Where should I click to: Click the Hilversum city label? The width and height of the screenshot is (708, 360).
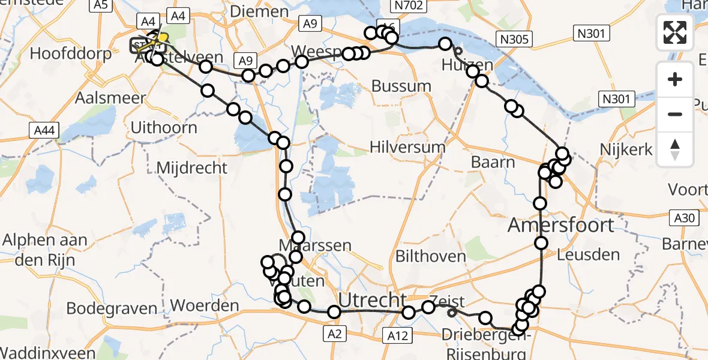[407, 147]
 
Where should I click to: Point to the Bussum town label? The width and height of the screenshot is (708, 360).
[401, 86]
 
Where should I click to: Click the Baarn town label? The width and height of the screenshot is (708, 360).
[493, 162]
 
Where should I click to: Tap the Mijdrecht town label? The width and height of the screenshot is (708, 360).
[191, 167]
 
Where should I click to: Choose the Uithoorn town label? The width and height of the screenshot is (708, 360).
[163, 127]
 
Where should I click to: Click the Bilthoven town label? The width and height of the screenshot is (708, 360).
[430, 256]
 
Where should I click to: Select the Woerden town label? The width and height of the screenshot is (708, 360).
[205, 305]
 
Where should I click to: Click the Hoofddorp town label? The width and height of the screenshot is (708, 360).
[70, 53]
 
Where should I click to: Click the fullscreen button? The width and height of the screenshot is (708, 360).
[675, 32]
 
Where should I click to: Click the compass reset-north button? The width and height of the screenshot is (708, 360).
[675, 149]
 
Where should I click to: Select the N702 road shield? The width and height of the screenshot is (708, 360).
[410, 6]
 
